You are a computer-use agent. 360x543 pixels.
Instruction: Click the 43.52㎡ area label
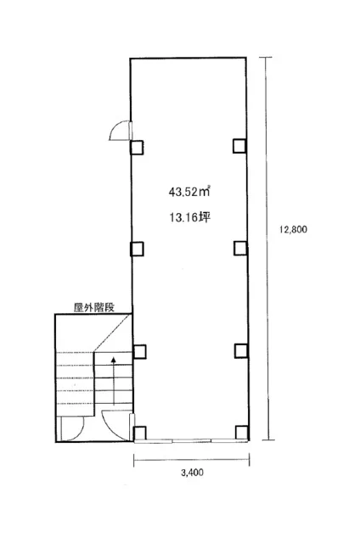point(189,191)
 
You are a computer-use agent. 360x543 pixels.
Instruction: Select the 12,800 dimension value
point(293,229)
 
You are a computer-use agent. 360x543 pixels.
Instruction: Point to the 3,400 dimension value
point(192,473)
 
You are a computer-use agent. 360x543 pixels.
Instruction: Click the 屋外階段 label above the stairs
point(94,307)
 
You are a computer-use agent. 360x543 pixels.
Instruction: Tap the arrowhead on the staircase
point(113,360)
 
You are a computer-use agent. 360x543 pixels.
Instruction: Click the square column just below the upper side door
point(137,148)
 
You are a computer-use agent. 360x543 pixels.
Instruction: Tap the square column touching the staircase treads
point(139,352)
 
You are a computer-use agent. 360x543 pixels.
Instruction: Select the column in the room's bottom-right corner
point(242,432)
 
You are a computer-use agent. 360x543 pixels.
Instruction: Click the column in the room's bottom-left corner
point(139,433)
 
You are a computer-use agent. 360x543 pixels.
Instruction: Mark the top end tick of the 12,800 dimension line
point(266,58)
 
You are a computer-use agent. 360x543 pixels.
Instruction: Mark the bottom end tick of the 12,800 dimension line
point(268,439)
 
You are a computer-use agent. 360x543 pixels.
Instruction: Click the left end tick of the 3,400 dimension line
point(134,460)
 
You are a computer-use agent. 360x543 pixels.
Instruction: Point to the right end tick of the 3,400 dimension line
point(250,460)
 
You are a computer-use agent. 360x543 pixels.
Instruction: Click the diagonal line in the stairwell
point(113,333)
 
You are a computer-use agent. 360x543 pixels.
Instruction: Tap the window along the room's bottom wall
point(191,441)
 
